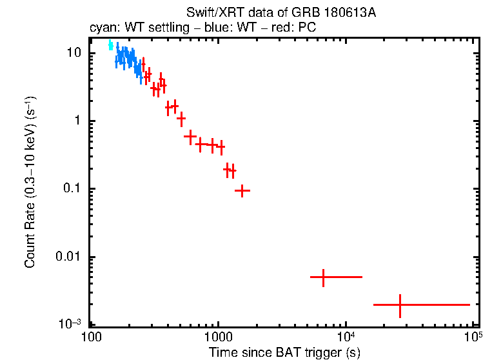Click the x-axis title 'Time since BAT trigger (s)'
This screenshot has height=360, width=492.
click(x=284, y=352)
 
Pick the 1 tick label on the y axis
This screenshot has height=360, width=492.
click(x=79, y=121)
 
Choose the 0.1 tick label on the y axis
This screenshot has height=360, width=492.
click(x=73, y=189)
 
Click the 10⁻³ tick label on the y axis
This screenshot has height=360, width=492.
click(x=72, y=323)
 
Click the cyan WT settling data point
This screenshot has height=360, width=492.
click(x=111, y=45)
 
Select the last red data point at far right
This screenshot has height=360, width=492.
click(x=400, y=305)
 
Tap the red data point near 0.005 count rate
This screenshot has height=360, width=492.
click(x=323, y=277)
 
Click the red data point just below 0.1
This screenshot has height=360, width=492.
click(x=242, y=191)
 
